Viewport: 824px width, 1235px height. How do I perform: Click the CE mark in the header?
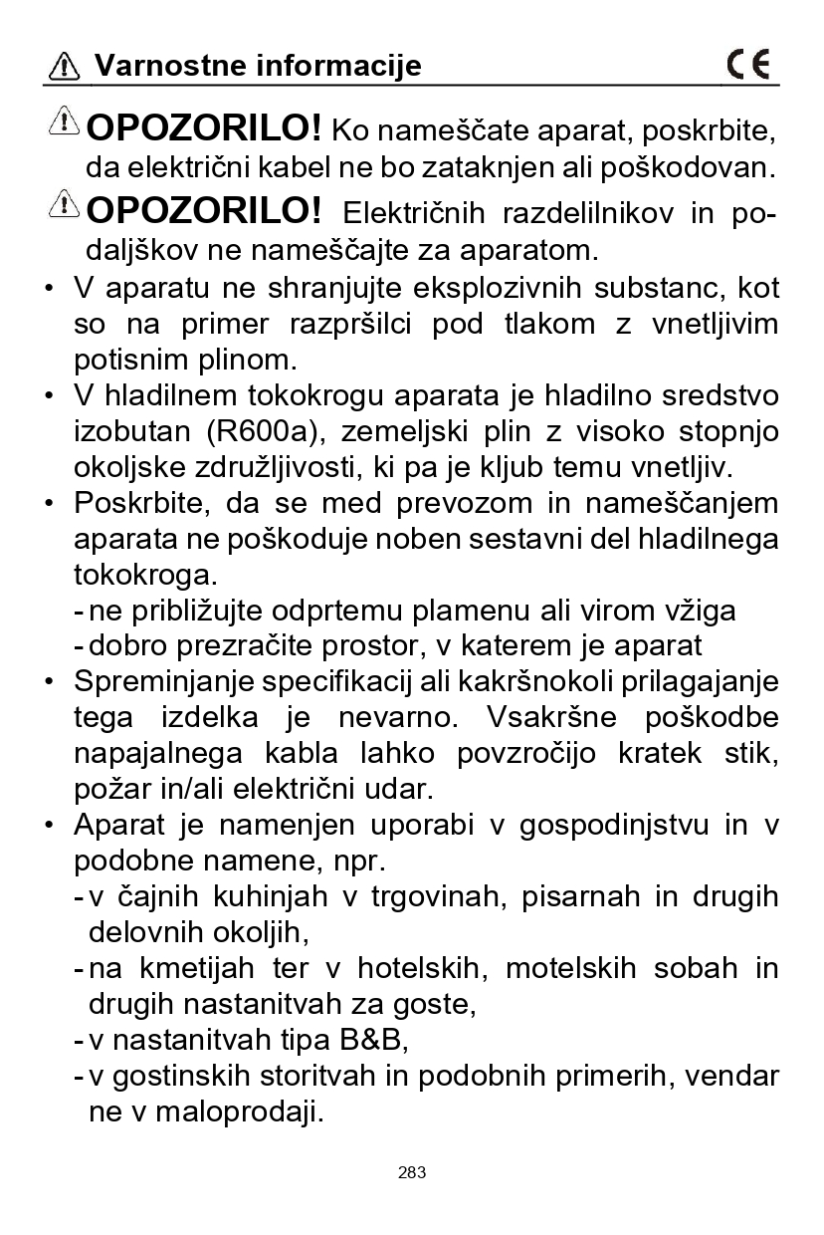point(748,65)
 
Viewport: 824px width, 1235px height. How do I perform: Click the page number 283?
point(411,1172)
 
